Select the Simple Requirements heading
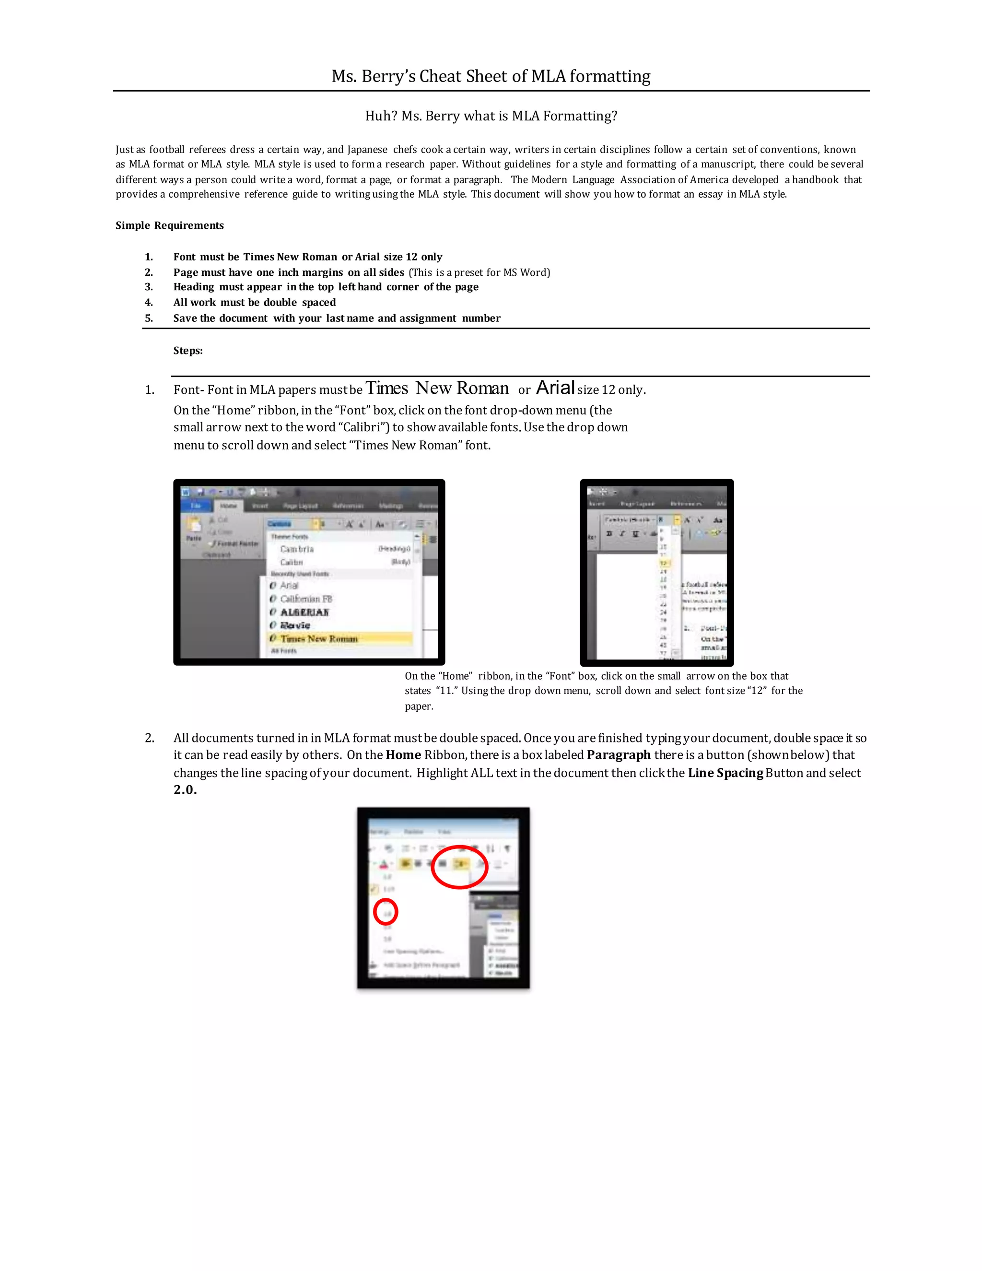169,225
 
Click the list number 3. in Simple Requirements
149,287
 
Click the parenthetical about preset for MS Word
479,272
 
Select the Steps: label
188,350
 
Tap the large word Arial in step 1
555,388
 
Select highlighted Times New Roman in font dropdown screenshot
319,638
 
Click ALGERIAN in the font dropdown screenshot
304,612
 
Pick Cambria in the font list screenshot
297,549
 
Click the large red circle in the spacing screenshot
459,867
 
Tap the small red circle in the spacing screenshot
385,912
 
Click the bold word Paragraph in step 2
619,755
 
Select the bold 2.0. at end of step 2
185,790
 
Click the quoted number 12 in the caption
757,691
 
